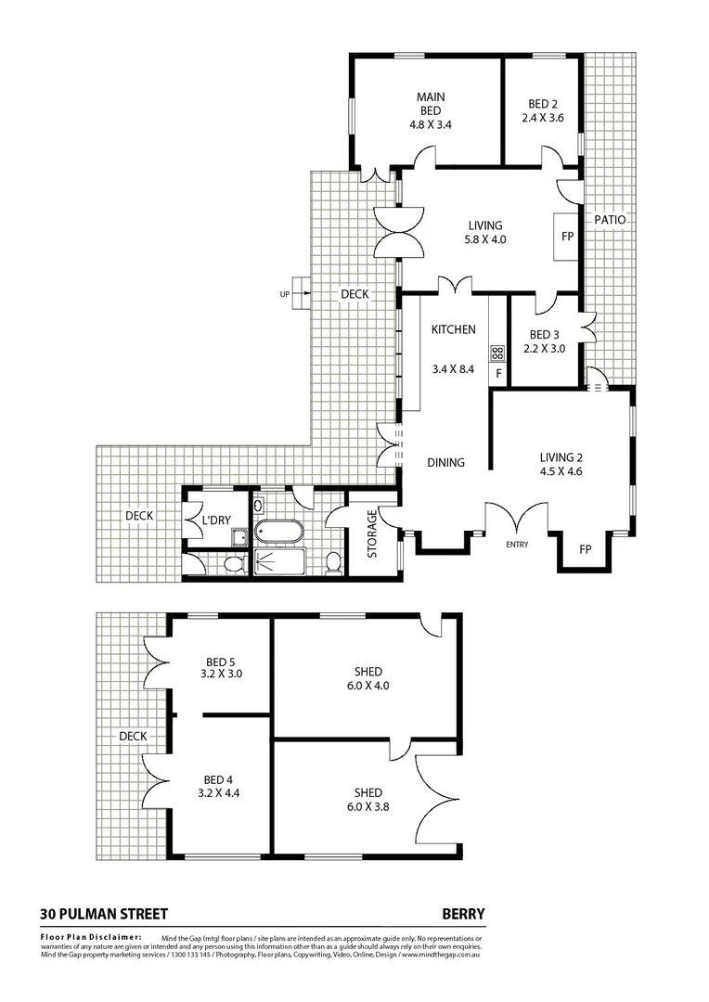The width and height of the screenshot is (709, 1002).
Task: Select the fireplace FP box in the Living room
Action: click(x=566, y=237)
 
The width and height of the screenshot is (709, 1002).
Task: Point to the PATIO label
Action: click(x=611, y=221)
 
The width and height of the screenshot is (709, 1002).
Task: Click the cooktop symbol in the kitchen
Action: click(x=497, y=352)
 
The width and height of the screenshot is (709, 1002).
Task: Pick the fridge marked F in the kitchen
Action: click(x=498, y=374)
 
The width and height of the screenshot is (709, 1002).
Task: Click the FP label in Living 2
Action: click(x=585, y=549)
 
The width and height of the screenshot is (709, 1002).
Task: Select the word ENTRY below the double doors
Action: click(x=516, y=545)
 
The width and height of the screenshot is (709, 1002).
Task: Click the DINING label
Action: click(x=445, y=463)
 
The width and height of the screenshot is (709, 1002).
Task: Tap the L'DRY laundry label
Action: click(x=215, y=520)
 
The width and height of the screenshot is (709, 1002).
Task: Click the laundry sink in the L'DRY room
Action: click(x=239, y=535)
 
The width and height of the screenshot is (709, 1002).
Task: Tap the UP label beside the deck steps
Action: click(x=284, y=294)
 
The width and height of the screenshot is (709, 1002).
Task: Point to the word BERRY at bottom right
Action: click(x=464, y=914)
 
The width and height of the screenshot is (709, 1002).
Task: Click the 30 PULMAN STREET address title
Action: click(x=104, y=914)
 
